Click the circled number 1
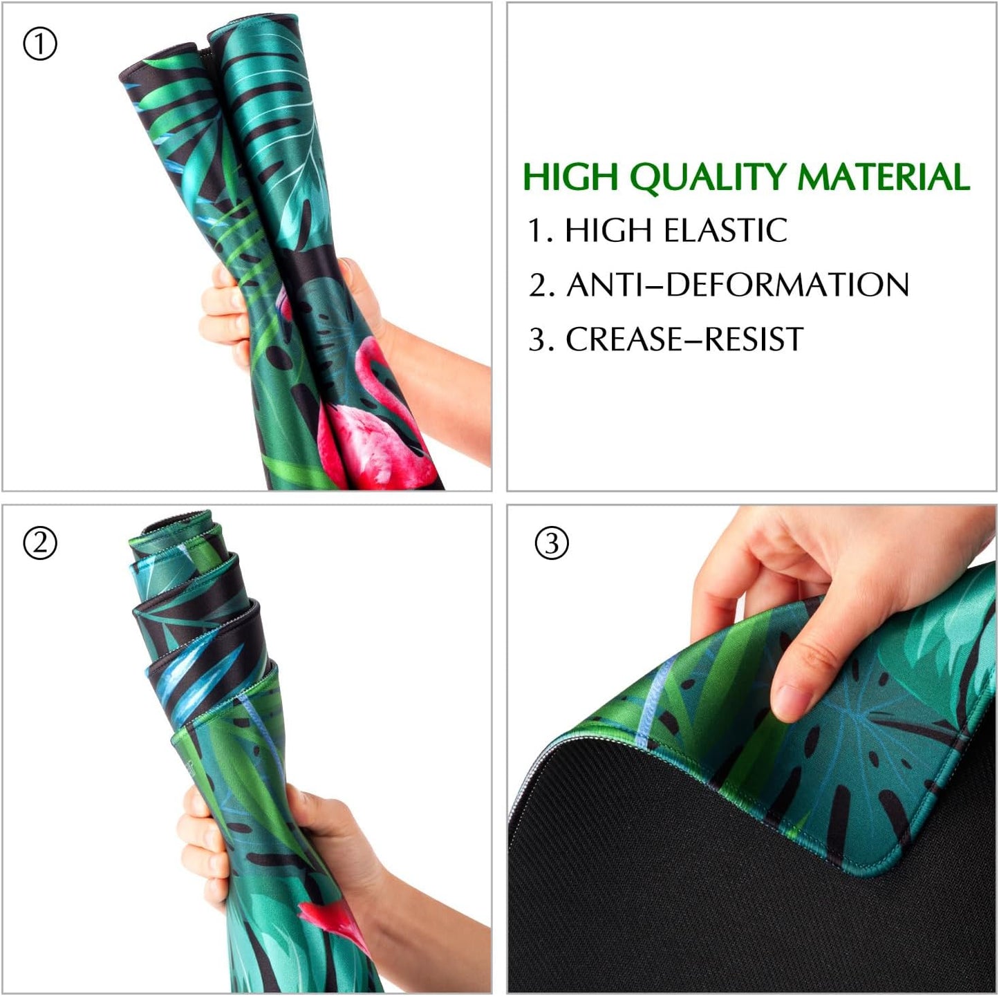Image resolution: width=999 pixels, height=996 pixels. (x=40, y=44)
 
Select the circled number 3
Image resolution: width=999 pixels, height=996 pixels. (x=551, y=543)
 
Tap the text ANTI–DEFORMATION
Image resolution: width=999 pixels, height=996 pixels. (x=738, y=285)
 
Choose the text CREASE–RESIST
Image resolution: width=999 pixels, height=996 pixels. (x=684, y=339)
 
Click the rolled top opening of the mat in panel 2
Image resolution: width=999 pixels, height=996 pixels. (x=176, y=520)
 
